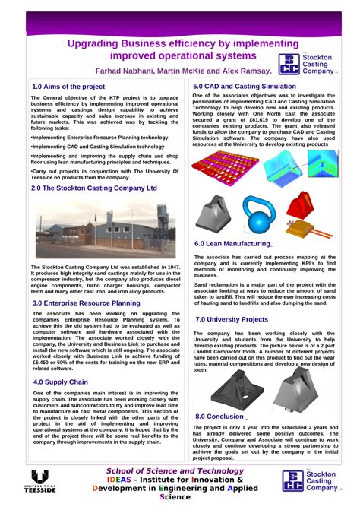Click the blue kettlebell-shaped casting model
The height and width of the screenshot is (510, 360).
coord(259,214)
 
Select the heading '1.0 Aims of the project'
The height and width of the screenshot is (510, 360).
coord(68,87)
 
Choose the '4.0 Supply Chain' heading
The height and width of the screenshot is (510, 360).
coord(60,382)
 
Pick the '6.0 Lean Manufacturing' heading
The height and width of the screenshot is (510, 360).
coord(232,244)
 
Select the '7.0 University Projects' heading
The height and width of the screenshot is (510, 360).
coord(232,320)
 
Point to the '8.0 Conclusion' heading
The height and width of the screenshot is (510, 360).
coord(219,417)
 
